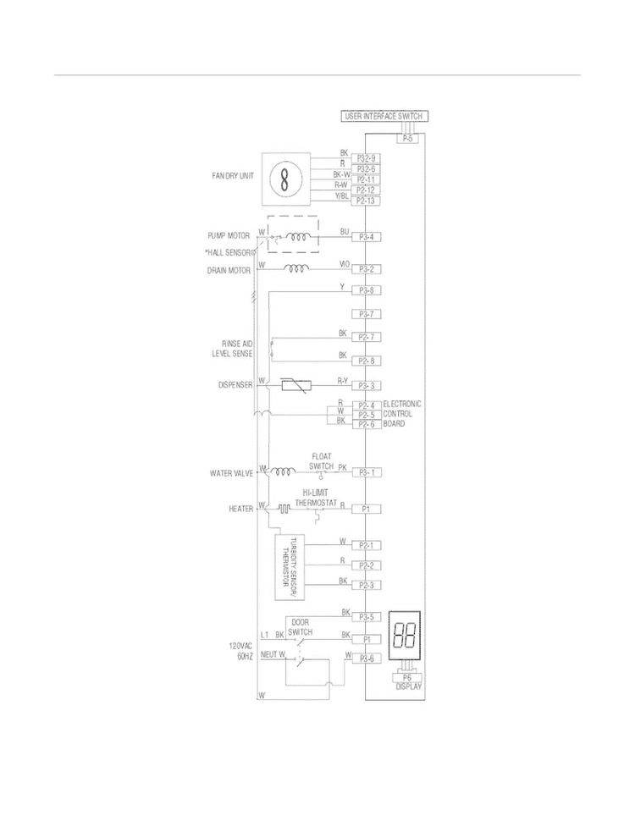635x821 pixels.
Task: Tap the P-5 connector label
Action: click(407, 137)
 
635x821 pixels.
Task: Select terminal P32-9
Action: click(367, 158)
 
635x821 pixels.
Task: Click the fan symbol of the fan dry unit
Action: click(284, 178)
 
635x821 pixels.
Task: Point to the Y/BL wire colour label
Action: click(341, 197)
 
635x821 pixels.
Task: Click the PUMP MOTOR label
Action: click(228, 235)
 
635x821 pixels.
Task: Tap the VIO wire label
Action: click(345, 265)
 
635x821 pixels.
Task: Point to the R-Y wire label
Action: click(343, 381)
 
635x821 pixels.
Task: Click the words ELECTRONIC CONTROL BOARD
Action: click(401, 413)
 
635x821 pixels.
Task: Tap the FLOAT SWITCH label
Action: click(321, 461)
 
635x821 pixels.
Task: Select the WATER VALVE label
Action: click(231, 473)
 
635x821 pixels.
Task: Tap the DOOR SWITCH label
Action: click(301, 627)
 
